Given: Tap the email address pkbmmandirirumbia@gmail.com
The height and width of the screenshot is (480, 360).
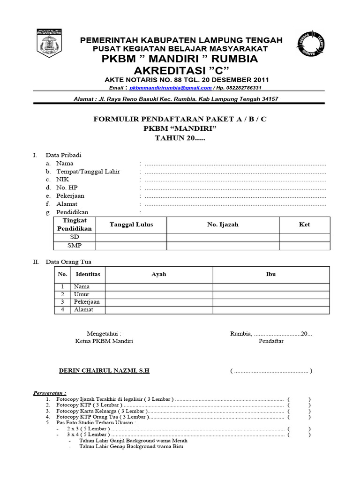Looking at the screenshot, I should click(x=170, y=88).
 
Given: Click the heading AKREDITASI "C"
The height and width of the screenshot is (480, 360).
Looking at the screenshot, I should click(x=181, y=70).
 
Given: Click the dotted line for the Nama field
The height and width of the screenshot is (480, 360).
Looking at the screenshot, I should click(x=235, y=164).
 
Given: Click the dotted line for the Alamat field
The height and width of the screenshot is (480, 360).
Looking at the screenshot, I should click(x=235, y=204).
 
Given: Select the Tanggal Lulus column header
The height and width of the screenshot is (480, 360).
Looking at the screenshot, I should click(x=131, y=225).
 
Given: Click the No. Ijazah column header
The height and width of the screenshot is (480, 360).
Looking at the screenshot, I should click(x=223, y=225).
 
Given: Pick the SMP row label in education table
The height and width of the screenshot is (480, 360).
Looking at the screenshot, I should click(x=75, y=246).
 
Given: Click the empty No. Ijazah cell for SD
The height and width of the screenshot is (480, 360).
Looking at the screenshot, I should click(x=223, y=237).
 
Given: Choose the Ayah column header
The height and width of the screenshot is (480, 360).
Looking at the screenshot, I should click(x=159, y=274).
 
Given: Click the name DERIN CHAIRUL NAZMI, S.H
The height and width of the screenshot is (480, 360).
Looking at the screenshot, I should click(x=104, y=371).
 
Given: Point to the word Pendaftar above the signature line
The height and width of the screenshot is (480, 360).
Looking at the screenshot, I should click(x=271, y=341).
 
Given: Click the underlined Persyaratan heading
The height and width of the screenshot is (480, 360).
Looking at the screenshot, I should click(x=50, y=392).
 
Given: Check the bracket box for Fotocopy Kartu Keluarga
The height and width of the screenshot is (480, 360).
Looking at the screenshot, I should click(x=299, y=411).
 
